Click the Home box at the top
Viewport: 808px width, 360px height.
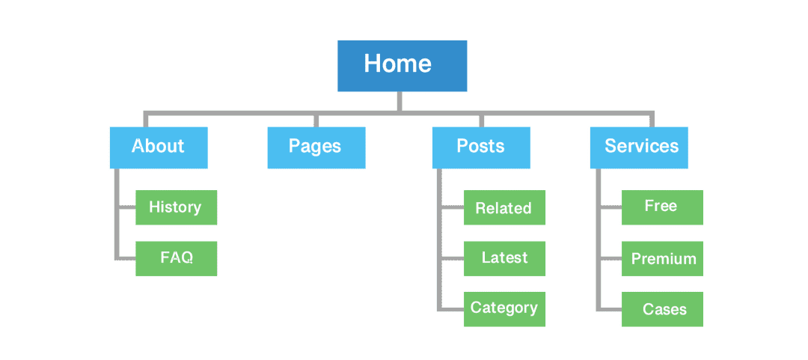402,66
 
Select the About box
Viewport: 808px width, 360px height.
159,147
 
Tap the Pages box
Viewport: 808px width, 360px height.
316,147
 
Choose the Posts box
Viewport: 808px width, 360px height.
481,147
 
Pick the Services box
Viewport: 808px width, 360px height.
639,147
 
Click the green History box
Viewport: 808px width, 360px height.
176,207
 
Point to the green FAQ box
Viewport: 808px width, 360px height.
176,258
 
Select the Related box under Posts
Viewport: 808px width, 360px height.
504,207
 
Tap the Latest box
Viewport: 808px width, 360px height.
504,258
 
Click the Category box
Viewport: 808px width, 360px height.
504,308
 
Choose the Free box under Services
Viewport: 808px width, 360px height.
662,207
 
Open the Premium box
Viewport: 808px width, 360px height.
662,258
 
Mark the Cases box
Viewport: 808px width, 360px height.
662,308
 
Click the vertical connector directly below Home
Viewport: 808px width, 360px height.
400,102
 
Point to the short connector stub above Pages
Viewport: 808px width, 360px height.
316,120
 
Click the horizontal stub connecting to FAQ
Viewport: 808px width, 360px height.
126,258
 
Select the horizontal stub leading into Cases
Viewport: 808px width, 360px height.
610,308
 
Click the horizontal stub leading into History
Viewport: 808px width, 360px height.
126,207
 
